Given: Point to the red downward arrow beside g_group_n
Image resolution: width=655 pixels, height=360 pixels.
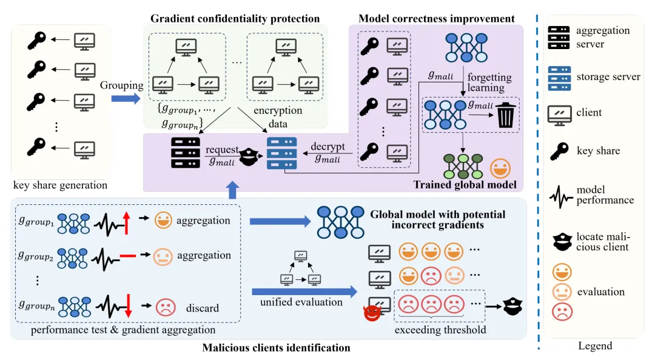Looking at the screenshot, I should point(128,305).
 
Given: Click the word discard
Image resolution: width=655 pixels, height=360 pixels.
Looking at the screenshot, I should point(203,308).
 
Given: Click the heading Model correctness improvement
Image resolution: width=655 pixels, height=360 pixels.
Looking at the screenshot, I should point(437,18).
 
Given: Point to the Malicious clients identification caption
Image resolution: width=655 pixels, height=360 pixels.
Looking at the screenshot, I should point(276,347).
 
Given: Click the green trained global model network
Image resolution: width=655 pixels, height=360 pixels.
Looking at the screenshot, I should point(463,165).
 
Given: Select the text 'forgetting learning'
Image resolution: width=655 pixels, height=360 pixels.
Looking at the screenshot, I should point(489,82).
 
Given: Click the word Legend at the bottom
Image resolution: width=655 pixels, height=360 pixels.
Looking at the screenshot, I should point(594,346).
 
